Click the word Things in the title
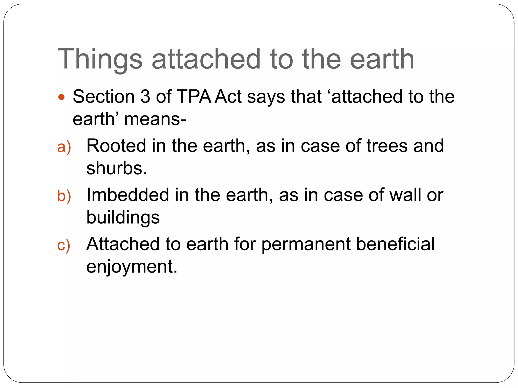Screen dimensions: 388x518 click(x=100, y=59)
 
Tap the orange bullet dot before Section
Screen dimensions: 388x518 click(x=61, y=97)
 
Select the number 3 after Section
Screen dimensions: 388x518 click(x=145, y=96)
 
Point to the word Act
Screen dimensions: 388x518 click(x=228, y=96)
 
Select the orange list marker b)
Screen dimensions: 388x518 click(x=64, y=196)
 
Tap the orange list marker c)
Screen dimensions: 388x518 click(x=63, y=245)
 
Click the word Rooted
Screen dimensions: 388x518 click(x=116, y=146)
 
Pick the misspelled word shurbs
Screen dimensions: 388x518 click(x=117, y=168)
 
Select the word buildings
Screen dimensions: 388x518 click(x=123, y=217)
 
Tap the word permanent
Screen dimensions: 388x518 click(x=306, y=244)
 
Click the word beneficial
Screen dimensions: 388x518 click(x=395, y=244)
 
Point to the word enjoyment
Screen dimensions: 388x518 click(x=132, y=267)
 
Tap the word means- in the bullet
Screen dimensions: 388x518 click(x=155, y=119)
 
